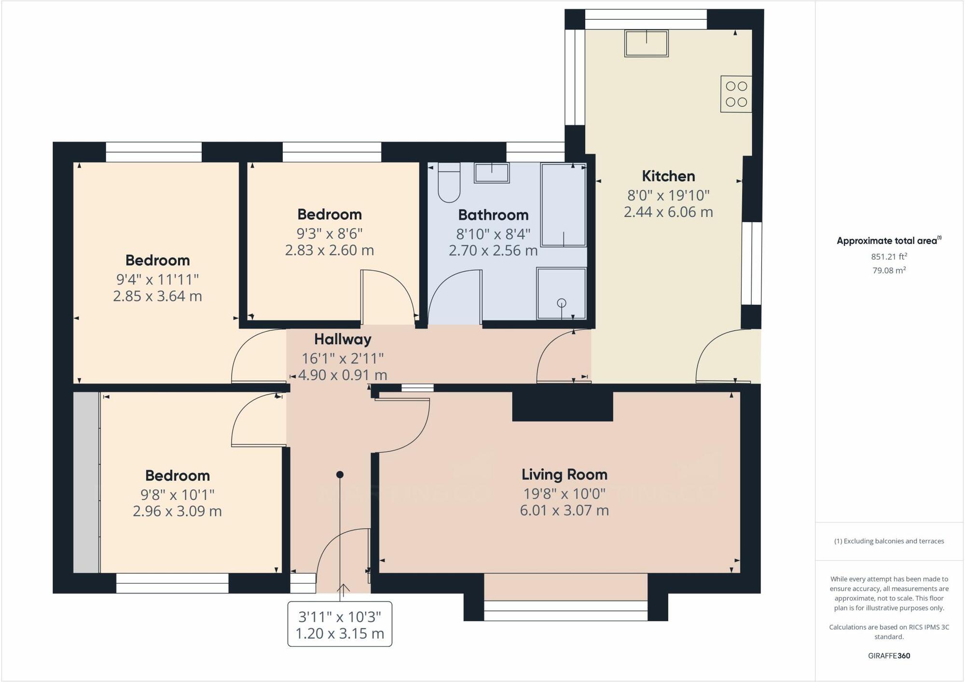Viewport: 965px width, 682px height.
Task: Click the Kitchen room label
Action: pyautogui.click(x=668, y=176)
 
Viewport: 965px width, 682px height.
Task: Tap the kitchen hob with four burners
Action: pyautogui.click(x=736, y=94)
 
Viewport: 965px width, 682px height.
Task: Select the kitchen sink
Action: pyautogui.click(x=647, y=43)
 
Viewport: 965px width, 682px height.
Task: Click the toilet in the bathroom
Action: pyautogui.click(x=449, y=182)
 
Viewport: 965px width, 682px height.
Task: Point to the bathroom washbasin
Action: pyautogui.click(x=492, y=173)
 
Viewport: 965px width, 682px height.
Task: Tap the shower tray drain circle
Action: pyautogui.click(x=561, y=303)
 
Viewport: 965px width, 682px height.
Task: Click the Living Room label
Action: pyautogui.click(x=565, y=474)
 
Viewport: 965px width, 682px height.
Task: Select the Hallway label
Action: pyautogui.click(x=343, y=339)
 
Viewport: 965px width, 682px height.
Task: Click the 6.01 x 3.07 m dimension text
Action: pyautogui.click(x=565, y=510)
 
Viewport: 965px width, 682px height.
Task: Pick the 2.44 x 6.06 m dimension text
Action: pyautogui.click(x=668, y=212)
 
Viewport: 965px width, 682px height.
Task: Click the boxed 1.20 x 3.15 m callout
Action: pyautogui.click(x=340, y=624)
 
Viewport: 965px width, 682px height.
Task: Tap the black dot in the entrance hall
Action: pyautogui.click(x=340, y=475)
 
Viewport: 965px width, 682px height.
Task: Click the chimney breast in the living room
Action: pyautogui.click(x=563, y=406)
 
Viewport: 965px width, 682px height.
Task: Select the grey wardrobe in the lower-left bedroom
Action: pyautogui.click(x=86, y=483)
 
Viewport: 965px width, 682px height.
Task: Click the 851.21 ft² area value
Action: pyautogui.click(x=889, y=256)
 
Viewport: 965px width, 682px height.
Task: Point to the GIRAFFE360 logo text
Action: pyautogui.click(x=889, y=656)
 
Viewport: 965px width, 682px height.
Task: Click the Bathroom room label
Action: pyautogui.click(x=493, y=214)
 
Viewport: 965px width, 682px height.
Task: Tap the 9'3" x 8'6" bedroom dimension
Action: pyautogui.click(x=330, y=234)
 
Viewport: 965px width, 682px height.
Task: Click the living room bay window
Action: pyautogui.click(x=566, y=611)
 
